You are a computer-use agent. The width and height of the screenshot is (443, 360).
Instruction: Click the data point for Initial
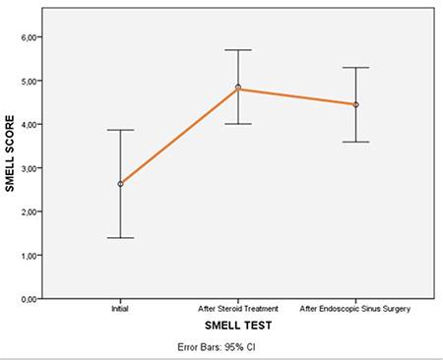click(x=120, y=184)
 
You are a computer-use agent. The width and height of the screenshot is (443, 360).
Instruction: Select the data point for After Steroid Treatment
click(x=238, y=88)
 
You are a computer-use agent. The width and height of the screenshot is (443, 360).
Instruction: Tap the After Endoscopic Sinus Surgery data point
click(x=355, y=104)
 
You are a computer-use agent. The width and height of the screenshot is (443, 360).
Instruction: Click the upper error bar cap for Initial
click(x=120, y=130)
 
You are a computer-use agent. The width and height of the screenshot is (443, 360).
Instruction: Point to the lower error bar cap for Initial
click(x=120, y=238)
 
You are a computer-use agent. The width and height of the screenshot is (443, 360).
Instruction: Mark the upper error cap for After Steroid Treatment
click(x=238, y=50)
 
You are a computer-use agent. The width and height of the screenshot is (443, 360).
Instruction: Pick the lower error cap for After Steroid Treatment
click(x=238, y=124)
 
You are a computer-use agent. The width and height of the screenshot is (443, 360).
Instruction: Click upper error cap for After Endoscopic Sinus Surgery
click(x=355, y=68)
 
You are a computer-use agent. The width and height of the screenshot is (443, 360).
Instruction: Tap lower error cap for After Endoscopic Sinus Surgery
click(x=355, y=142)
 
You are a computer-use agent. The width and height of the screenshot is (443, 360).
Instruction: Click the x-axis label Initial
click(x=120, y=309)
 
